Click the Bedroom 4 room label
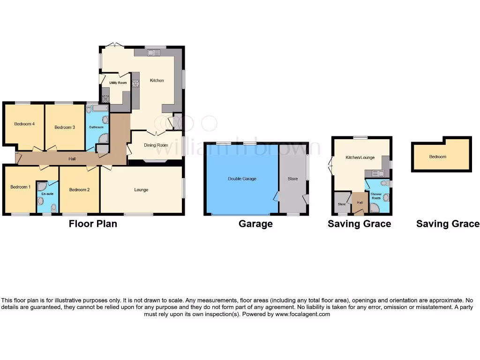coord(24,124)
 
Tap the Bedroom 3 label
coord(65,127)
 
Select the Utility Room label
coord(118,83)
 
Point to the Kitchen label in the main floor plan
coord(157,81)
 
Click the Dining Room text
coord(156,145)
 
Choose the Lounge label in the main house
coord(141,190)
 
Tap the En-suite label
coord(47,194)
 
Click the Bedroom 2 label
coord(79,190)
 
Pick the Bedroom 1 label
coord(20,187)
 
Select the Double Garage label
coord(242,179)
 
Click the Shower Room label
coord(376,196)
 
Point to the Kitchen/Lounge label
coord(360,157)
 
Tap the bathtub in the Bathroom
coord(100,108)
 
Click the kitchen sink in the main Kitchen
coord(154,52)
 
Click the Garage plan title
coord(255,224)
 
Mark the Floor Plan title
coord(93,224)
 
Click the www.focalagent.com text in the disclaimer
coord(303,315)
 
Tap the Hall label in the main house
coord(72,159)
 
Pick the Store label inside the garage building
coord(293,179)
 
